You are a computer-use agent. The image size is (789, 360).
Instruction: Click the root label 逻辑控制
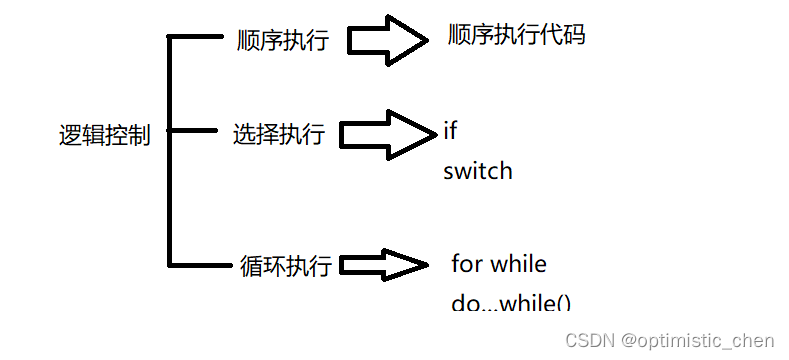105,135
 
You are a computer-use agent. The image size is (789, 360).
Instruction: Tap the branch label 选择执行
279,134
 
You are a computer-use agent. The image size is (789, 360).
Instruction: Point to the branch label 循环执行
287,266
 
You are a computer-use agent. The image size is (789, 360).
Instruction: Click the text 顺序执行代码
516,36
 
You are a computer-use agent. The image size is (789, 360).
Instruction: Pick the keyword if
450,131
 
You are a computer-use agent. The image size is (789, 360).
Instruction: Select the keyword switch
478,171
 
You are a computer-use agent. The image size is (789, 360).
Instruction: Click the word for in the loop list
467,264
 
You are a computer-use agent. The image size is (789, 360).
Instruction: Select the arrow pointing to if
390,134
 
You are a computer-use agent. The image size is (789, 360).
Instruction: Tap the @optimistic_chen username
699,341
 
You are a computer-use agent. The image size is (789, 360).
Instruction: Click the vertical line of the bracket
169,150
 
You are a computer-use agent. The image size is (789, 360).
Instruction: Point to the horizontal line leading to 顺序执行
196,37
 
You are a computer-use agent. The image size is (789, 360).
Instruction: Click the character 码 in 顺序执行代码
573,36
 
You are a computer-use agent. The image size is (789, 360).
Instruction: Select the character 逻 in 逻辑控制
70,135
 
